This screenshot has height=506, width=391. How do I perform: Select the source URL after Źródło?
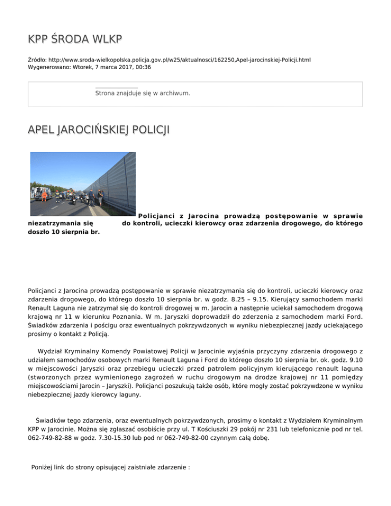[176, 60]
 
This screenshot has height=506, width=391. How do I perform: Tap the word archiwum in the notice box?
[174, 94]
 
